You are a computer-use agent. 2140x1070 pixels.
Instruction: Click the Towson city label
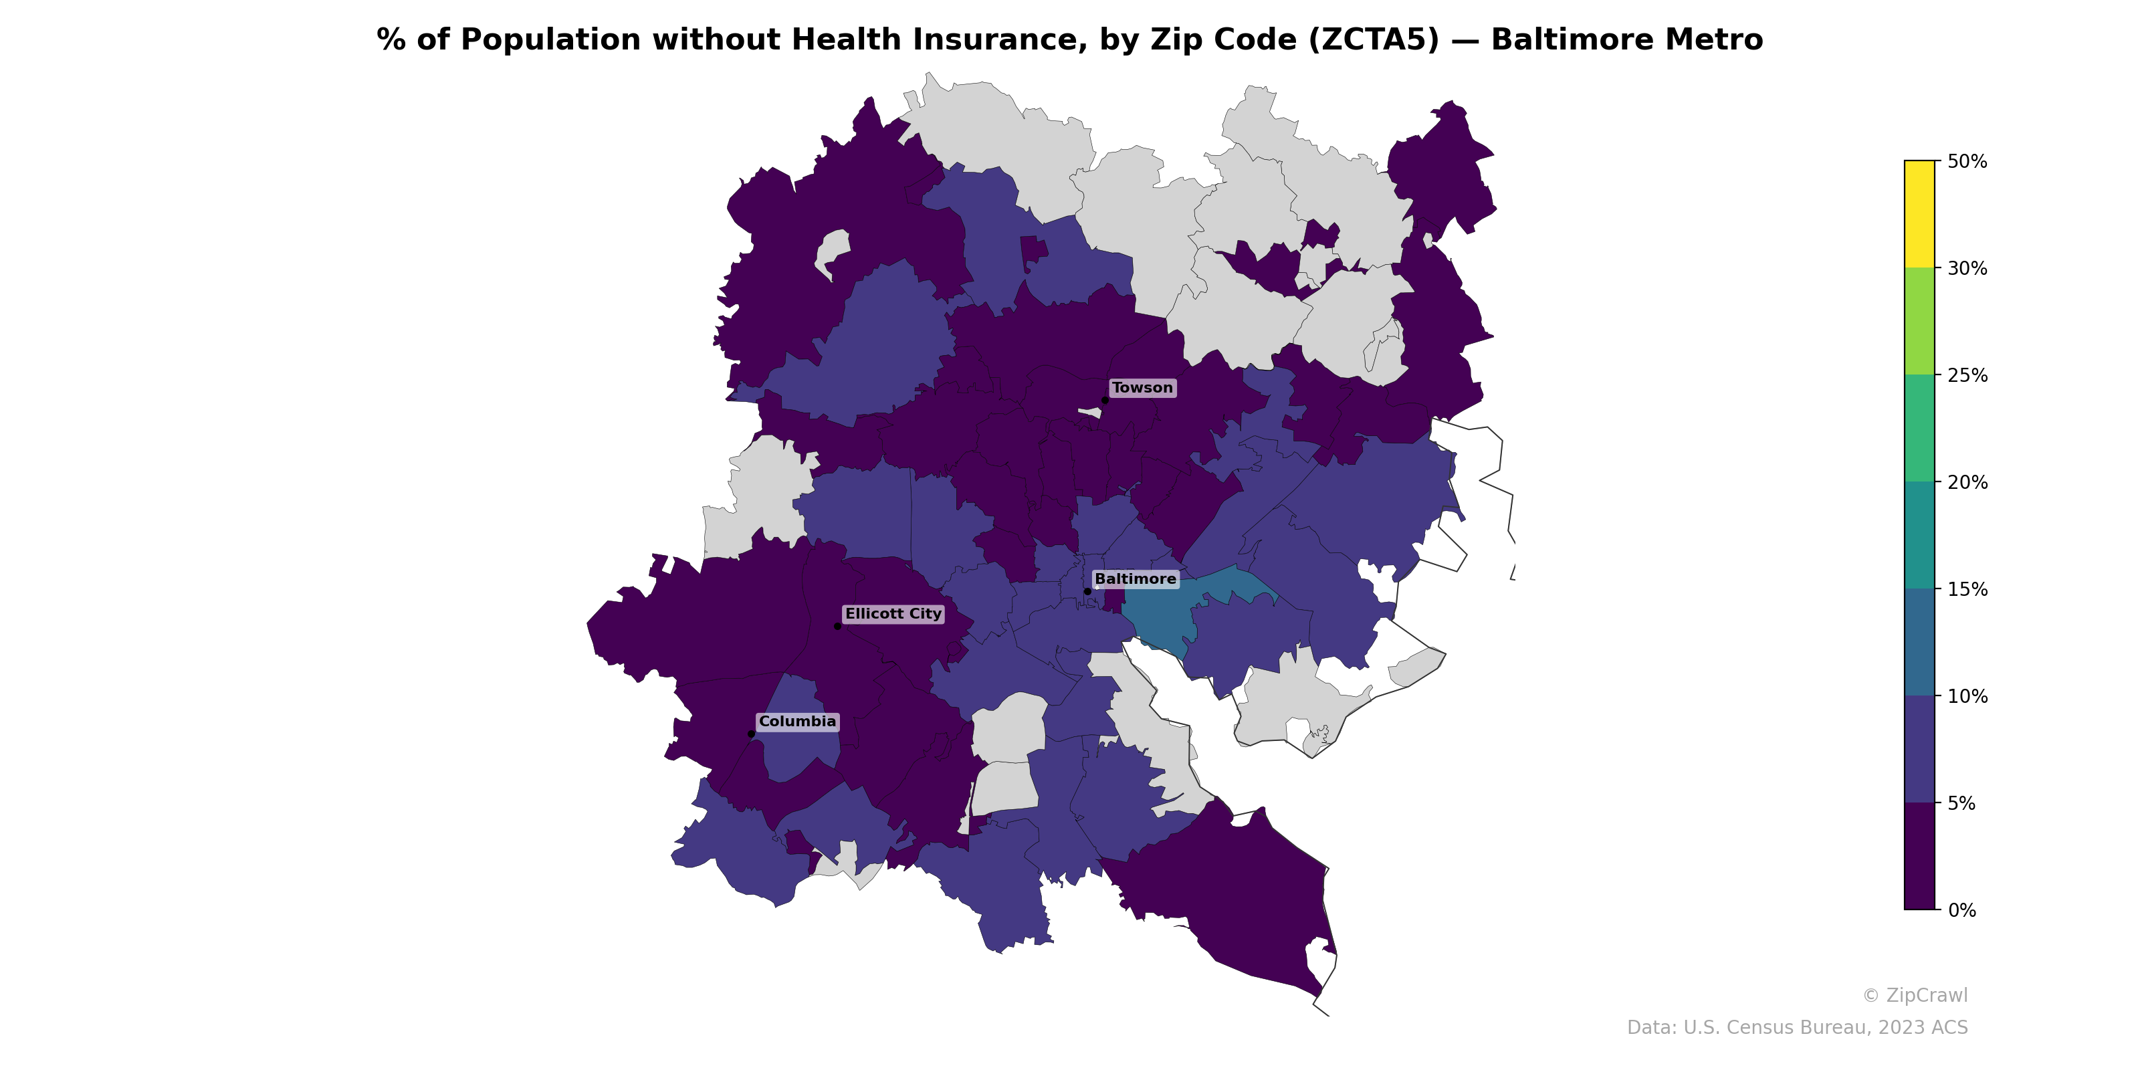point(1142,388)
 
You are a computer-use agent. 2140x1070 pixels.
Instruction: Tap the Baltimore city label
point(1135,579)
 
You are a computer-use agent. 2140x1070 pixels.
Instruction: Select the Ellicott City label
point(893,614)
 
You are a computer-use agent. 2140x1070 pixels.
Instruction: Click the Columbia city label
point(796,721)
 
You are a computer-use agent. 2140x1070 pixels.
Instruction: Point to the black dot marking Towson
point(1105,401)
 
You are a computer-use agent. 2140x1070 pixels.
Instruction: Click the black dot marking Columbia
point(751,734)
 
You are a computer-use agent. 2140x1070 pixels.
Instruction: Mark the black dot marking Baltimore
point(1087,591)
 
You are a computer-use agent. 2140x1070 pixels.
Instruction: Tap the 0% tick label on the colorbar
point(1961,910)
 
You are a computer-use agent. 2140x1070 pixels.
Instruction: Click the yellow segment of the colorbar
point(1919,213)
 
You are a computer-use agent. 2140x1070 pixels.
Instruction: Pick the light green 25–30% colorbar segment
point(1919,322)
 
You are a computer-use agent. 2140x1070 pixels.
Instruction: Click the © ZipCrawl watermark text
point(1914,995)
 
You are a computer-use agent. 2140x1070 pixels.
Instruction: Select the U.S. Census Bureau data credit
point(1797,1028)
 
